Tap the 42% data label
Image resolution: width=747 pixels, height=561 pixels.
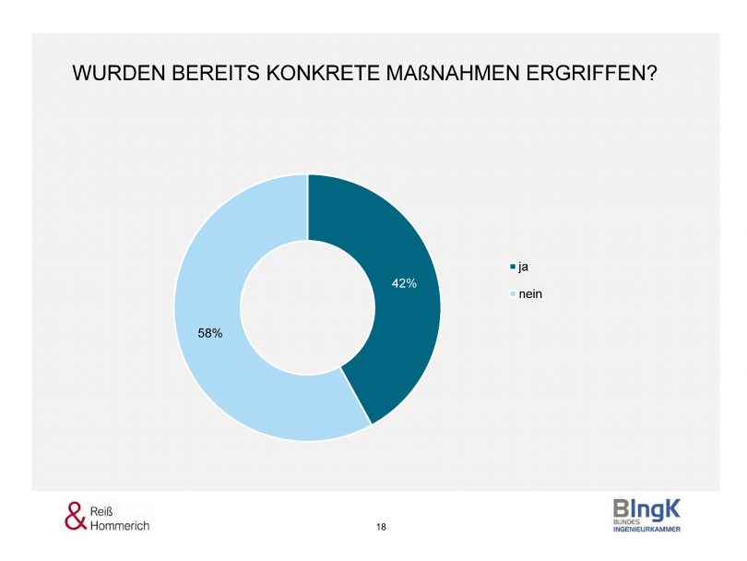[404, 284]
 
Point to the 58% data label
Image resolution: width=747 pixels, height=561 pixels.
[210, 333]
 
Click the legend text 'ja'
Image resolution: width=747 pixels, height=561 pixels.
[523, 267]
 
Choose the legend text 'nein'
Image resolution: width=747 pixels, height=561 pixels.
[529, 294]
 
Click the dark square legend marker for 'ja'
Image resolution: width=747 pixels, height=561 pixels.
[513, 268]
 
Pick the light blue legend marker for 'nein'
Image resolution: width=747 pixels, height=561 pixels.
[513, 295]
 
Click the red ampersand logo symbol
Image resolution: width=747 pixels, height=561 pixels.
[76, 516]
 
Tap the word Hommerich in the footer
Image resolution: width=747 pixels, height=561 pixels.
[120, 525]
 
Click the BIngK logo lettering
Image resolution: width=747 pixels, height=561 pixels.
[646, 508]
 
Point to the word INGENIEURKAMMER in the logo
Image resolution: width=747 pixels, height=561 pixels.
[646, 529]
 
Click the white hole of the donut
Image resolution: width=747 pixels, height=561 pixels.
[307, 307]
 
